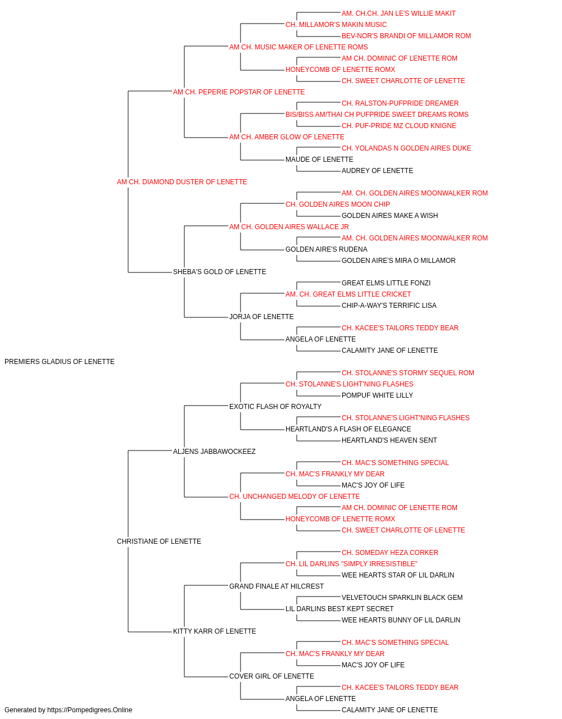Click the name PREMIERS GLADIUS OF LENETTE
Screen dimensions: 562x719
(x=60, y=362)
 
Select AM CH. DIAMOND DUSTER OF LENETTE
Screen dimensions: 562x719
(x=182, y=182)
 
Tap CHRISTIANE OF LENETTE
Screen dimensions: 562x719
(x=159, y=541)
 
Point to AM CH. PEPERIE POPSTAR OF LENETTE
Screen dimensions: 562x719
(x=239, y=92)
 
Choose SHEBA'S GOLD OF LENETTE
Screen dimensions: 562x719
(x=219, y=272)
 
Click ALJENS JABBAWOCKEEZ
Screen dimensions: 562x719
(x=214, y=451)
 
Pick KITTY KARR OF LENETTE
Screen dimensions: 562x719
(x=215, y=631)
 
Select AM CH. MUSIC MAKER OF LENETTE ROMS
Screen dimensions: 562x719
(x=298, y=47)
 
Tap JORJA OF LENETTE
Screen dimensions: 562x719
(x=261, y=317)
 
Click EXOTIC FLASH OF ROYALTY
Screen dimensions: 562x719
(x=275, y=406)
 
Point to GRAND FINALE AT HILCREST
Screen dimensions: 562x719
(x=277, y=586)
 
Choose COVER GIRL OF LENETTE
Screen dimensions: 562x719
(x=272, y=676)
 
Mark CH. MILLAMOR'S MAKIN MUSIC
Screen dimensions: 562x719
(x=336, y=25)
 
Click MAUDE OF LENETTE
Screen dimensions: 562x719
(x=319, y=160)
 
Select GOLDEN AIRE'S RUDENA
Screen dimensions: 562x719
(x=327, y=249)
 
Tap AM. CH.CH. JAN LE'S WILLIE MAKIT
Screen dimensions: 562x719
(x=398, y=13)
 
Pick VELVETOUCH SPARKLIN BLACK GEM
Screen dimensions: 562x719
(x=402, y=597)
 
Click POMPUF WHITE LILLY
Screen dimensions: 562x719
(x=377, y=395)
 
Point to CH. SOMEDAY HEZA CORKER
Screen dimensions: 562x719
(x=390, y=553)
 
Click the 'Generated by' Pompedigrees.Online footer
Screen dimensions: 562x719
(x=68, y=710)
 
